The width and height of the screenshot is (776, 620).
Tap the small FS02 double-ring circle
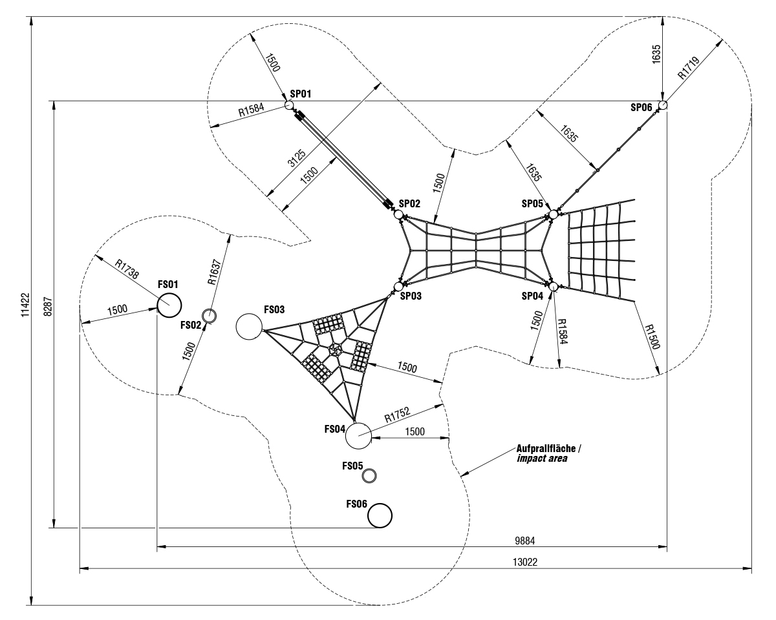[209, 316]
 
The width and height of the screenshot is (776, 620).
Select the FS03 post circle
[248, 327]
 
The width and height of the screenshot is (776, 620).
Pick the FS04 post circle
[358, 435]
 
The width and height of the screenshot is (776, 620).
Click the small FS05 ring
[369, 476]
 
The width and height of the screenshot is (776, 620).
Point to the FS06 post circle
[380, 515]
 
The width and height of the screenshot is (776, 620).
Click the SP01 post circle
[289, 105]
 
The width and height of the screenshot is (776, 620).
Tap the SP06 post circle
[663, 105]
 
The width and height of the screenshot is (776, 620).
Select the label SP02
[410, 203]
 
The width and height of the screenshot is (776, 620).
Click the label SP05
[533, 203]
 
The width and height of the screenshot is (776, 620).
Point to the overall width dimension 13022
[524, 563]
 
